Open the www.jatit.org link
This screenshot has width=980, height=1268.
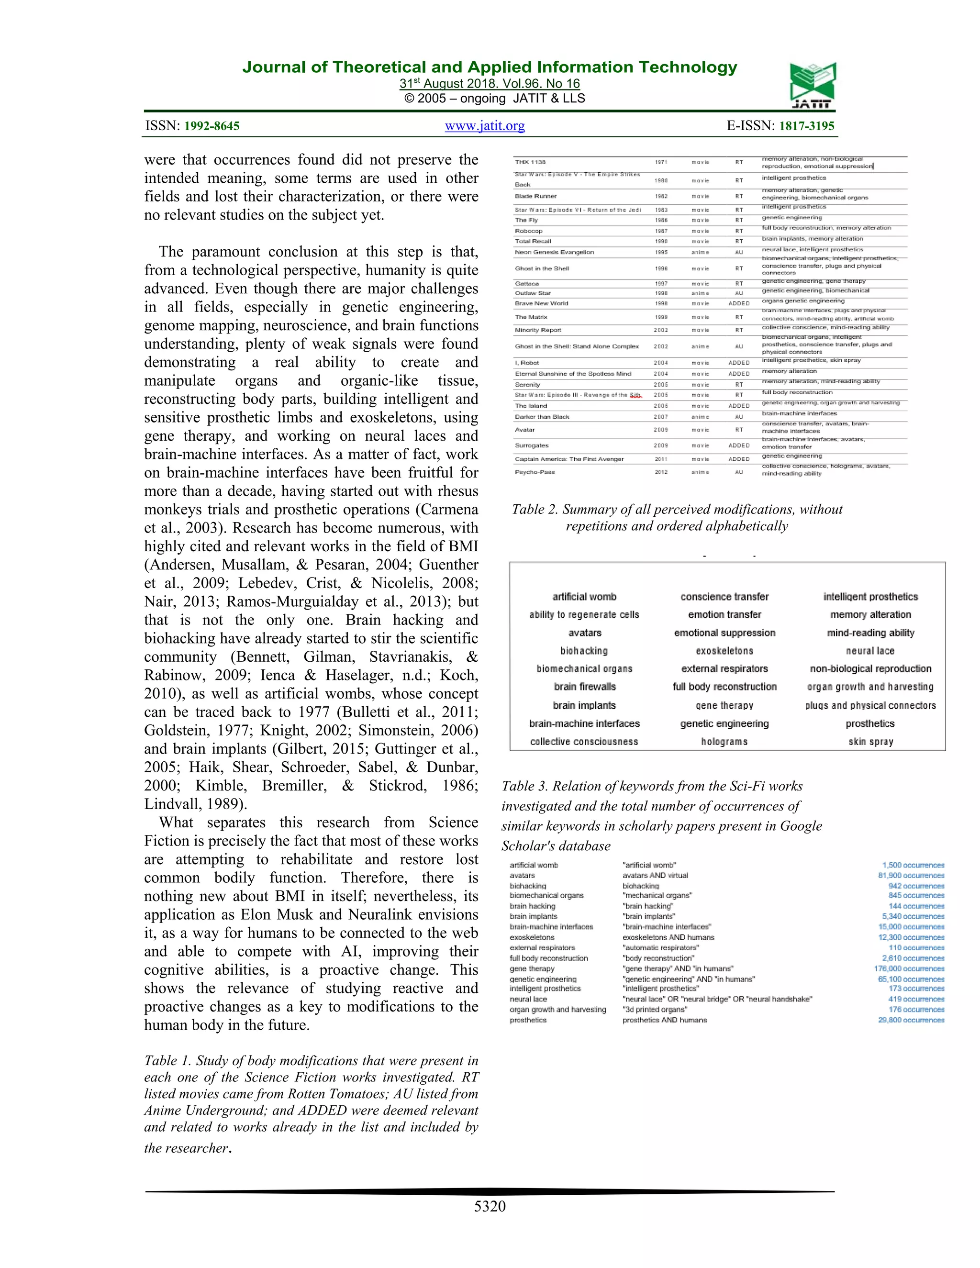(x=485, y=125)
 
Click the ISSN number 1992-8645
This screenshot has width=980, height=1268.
(x=212, y=126)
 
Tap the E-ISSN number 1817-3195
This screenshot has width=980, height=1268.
(x=806, y=126)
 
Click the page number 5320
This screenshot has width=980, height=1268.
(x=490, y=1206)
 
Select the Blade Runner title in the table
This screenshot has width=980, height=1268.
(x=535, y=196)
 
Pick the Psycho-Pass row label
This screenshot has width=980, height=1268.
(x=534, y=472)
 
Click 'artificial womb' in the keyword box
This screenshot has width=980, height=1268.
(x=584, y=597)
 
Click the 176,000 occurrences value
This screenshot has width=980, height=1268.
(x=909, y=968)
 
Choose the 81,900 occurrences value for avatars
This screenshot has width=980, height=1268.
(x=910, y=876)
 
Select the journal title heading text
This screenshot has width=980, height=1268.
(x=490, y=67)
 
